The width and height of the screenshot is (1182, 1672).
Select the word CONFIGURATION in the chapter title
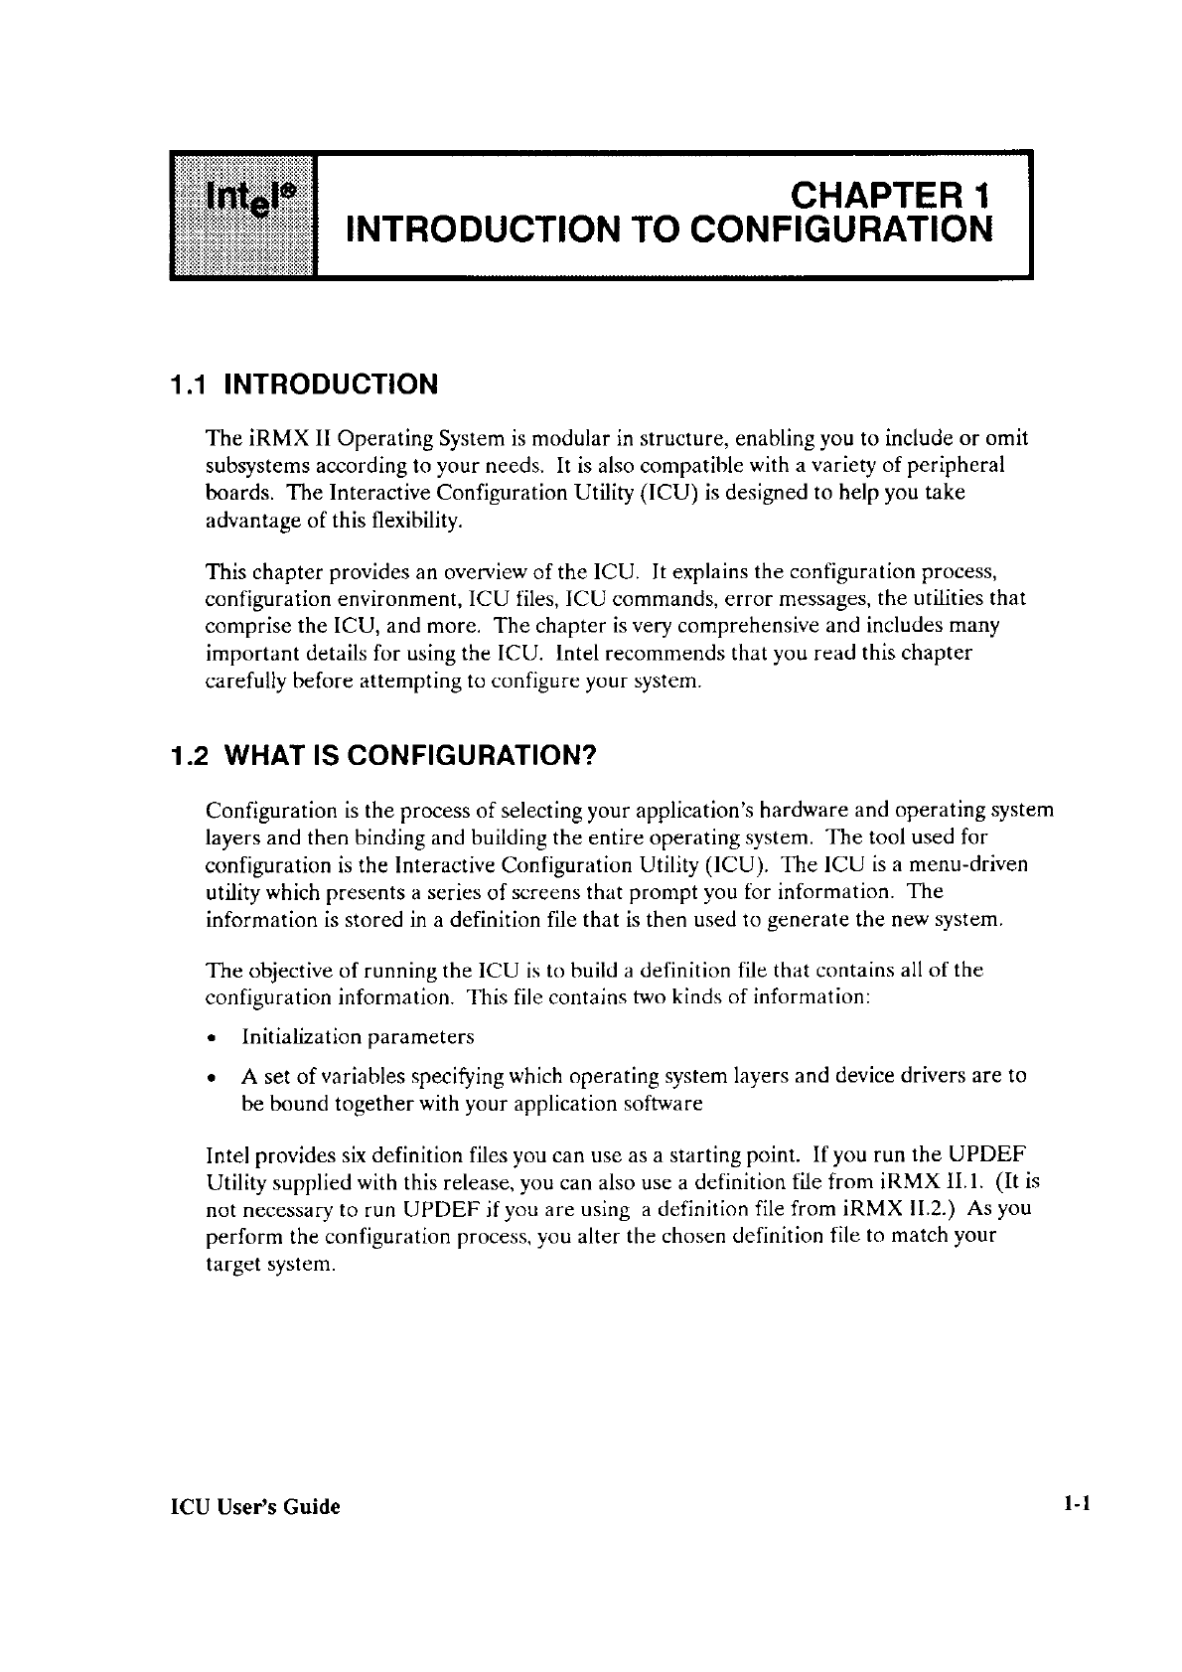click(841, 229)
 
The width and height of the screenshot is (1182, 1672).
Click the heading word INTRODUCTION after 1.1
click(332, 384)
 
